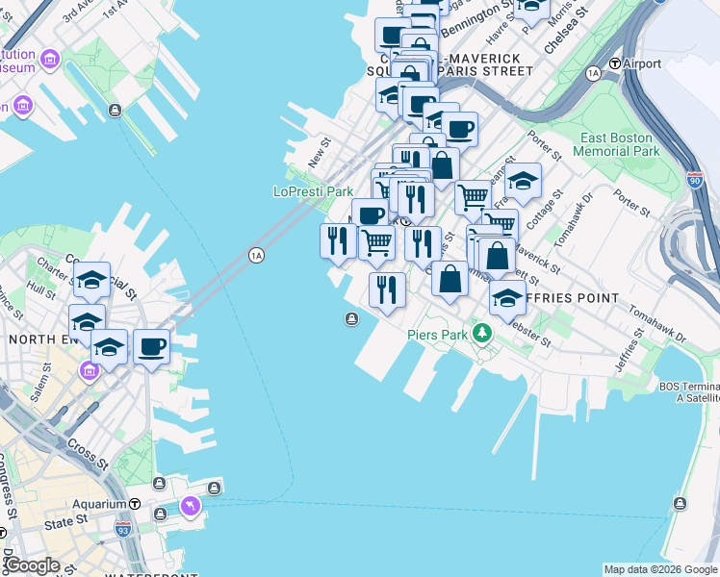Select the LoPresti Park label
[x=314, y=191]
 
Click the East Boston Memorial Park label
[x=617, y=144]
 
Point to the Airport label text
[x=642, y=63]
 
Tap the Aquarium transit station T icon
[x=135, y=504]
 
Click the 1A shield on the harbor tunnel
[x=255, y=255]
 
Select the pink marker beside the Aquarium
[x=190, y=505]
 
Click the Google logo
[x=31, y=565]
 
